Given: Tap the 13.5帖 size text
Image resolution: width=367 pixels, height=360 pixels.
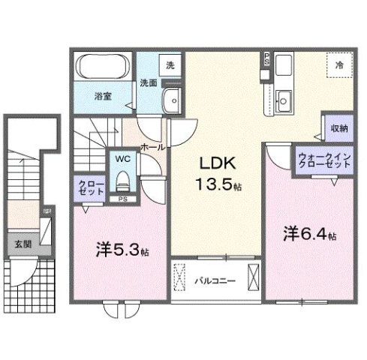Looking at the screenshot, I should pos(218,184).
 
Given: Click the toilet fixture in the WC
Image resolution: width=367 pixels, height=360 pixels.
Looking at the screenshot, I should pos(122,180).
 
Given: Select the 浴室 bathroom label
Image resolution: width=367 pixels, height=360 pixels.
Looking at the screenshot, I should pos(103,96).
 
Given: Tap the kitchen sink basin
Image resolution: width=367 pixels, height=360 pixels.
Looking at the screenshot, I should pos(284,97).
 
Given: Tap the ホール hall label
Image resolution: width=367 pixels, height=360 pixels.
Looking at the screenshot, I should pos(151,148).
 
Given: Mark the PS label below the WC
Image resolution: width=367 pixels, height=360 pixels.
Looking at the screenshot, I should pos(122,199).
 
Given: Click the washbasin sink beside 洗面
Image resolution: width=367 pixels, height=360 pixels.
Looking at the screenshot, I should pos(173,98).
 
